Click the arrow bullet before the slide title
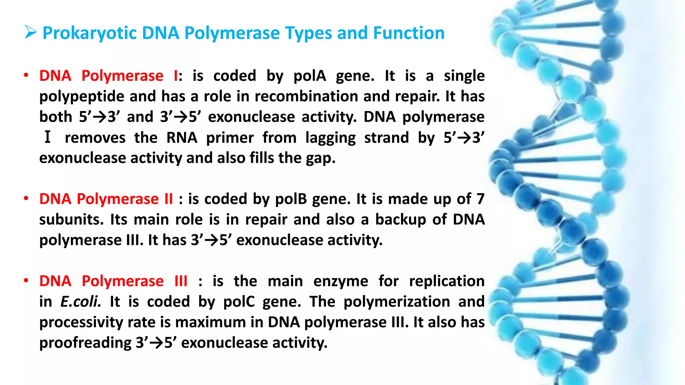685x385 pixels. coord(31,33)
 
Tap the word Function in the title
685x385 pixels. coord(408,33)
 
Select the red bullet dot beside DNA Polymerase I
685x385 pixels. coord(26,76)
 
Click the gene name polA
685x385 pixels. coord(309,76)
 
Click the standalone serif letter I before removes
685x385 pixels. coord(47,137)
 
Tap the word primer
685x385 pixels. coord(230,138)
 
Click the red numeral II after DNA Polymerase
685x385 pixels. coord(169,199)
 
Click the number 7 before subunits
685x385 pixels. coord(480,199)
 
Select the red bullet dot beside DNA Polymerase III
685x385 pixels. coord(26,281)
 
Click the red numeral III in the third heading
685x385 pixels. coord(181,281)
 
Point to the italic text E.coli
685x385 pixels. coord(80,302)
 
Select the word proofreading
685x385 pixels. coord(86,343)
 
